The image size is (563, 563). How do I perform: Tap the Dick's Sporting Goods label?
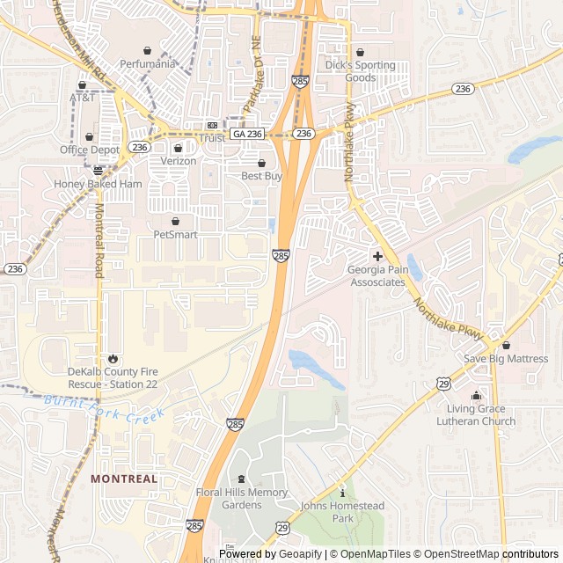[x=361, y=71]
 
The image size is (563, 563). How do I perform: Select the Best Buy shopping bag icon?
[x=260, y=163]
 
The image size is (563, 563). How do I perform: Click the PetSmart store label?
[x=175, y=235]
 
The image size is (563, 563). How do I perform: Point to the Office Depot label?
[x=90, y=150]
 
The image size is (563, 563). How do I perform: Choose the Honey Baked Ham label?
[x=98, y=185]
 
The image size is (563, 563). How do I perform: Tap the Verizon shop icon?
[x=179, y=148]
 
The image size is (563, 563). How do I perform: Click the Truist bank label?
[x=212, y=138]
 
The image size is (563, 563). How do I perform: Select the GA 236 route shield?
[x=247, y=134]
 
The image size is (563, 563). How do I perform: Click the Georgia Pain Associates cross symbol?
[x=377, y=256]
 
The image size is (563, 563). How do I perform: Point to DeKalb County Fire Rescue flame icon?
[x=113, y=358]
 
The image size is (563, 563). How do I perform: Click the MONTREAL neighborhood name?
[x=124, y=479]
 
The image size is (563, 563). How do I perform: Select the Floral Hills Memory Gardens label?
[x=242, y=499]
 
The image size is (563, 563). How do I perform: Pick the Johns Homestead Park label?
[x=343, y=512]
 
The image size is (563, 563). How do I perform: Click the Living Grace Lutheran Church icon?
[x=476, y=396]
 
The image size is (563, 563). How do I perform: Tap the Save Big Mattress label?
[x=505, y=359]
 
